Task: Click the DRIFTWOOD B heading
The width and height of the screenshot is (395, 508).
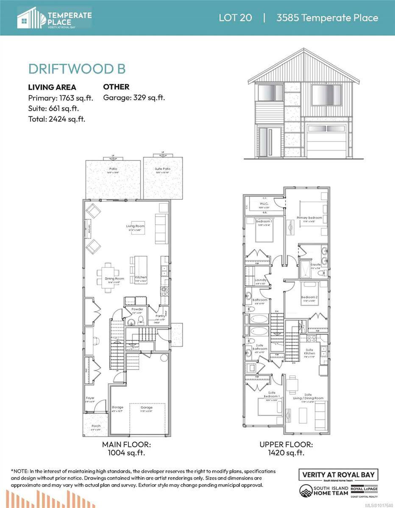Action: (77, 69)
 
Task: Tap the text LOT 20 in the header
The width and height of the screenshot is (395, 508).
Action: (235, 18)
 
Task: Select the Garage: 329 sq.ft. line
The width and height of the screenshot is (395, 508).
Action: (134, 98)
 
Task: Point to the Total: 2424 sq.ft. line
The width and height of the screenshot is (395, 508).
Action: (56, 119)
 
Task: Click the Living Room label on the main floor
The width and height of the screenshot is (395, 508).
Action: (135, 226)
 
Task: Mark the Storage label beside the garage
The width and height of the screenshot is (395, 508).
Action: (117, 407)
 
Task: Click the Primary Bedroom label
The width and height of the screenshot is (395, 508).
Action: (309, 218)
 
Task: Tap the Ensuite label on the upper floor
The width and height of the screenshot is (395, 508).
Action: (316, 265)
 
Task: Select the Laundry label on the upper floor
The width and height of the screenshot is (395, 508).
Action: (260, 280)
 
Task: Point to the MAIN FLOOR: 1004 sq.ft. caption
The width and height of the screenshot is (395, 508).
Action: (126, 448)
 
